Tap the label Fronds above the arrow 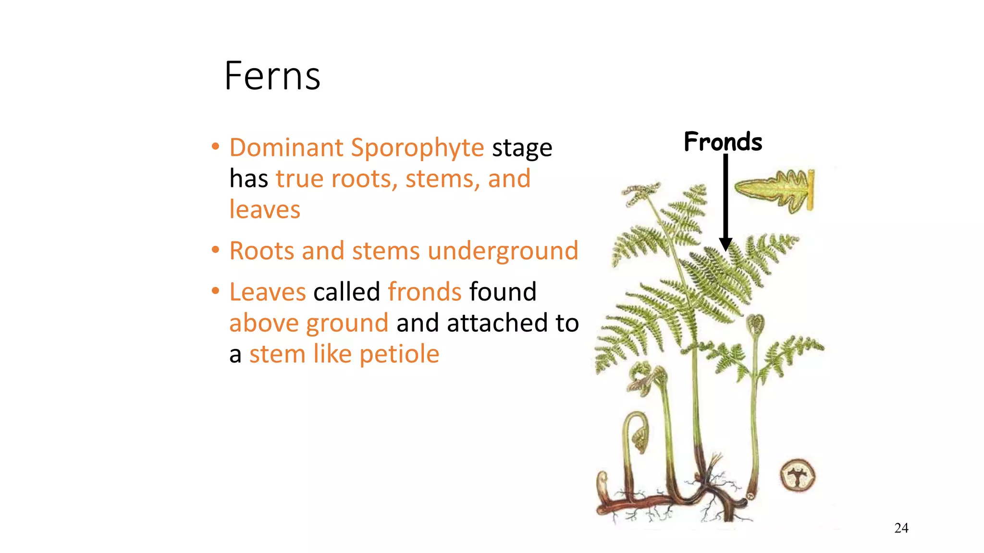[723, 142]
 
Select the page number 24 [901, 528]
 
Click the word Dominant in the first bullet [286, 147]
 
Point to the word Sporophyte [417, 148]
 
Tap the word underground [503, 251]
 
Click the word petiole [399, 355]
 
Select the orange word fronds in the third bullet [425, 292]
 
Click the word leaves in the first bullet [265, 210]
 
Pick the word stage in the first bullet [522, 148]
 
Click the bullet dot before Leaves [216, 291]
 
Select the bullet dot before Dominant [216, 146]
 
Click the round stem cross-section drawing [798, 475]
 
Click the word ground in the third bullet [347, 324]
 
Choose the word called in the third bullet [346, 292]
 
